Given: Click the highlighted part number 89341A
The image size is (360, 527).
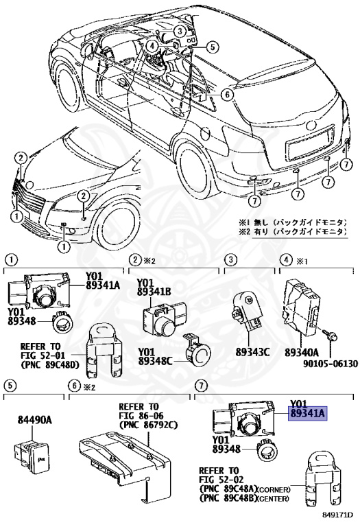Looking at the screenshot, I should click(x=308, y=413).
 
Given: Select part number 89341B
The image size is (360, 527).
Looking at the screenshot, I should click(x=154, y=292).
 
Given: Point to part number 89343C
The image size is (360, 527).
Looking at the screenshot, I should click(x=252, y=351).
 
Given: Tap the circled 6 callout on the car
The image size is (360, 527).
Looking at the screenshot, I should click(x=228, y=95).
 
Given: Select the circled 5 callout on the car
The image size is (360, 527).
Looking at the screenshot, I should click(x=212, y=47).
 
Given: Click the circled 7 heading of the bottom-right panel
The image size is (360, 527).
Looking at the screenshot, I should click(x=200, y=386).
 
